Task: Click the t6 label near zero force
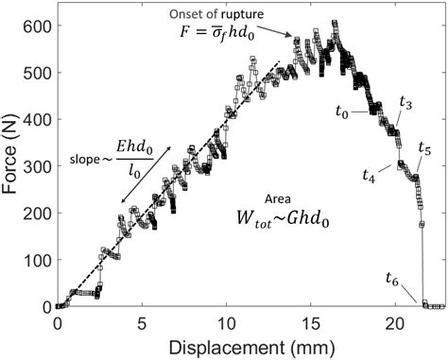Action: coord(392,277)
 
